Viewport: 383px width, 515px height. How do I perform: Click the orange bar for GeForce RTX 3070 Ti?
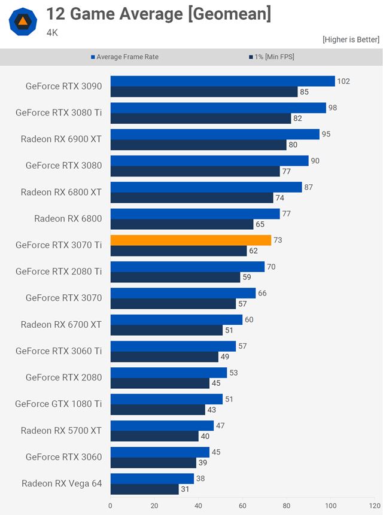click(x=191, y=240)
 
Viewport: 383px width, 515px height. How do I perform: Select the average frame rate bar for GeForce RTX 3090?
click(x=223, y=81)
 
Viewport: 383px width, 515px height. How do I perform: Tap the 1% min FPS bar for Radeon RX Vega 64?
click(x=144, y=489)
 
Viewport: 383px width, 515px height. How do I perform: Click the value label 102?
click(x=344, y=81)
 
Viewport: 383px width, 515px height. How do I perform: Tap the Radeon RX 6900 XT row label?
click(x=61, y=139)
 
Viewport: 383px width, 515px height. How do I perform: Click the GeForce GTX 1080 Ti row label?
click(x=59, y=404)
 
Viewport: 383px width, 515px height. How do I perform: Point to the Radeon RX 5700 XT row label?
click(x=61, y=430)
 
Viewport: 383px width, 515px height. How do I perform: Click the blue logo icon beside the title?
click(x=23, y=22)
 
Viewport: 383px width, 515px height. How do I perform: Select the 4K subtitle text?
click(x=52, y=33)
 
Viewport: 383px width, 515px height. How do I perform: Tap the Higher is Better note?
click(x=351, y=39)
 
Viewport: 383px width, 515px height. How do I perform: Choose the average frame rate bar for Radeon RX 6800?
click(x=195, y=214)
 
